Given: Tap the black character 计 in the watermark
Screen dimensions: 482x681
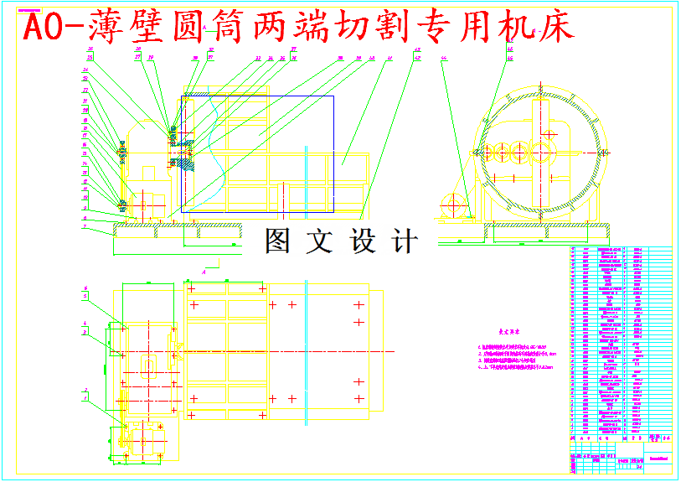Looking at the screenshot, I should [x=405, y=241].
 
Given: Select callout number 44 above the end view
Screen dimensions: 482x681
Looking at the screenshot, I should [x=444, y=58].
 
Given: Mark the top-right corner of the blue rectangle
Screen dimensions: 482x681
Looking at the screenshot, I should [x=333, y=96].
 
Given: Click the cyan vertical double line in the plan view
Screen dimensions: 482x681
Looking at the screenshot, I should [x=307, y=348].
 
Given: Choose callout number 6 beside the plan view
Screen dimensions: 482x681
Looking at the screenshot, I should [x=85, y=289].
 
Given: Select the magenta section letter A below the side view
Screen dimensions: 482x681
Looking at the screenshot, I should [x=206, y=272].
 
